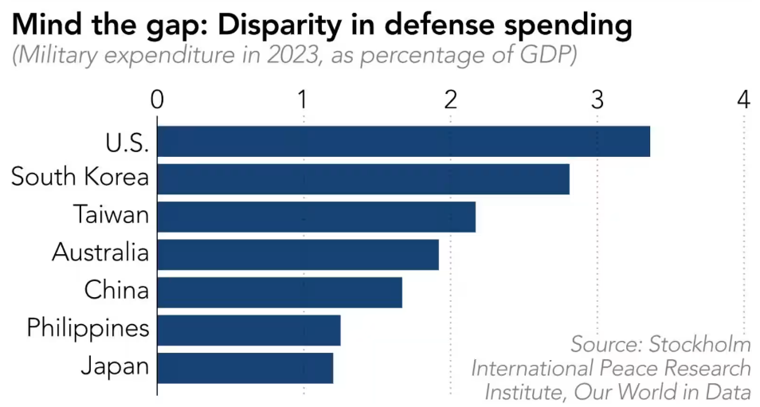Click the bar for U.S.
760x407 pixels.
[403, 141]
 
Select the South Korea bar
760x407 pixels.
[363, 178]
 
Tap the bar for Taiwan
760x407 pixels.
[316, 217]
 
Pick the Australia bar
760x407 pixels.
[298, 254]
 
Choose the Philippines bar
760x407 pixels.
[249, 330]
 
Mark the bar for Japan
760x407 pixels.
[245, 368]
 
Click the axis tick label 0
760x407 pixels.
[158, 100]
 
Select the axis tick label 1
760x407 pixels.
[304, 100]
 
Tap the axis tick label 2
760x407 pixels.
[451, 100]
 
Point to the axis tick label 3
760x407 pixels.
[597, 100]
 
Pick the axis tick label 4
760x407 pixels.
[744, 100]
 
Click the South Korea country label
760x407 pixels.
[80, 177]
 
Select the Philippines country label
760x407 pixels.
[88, 328]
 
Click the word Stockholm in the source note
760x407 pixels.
[699, 345]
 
